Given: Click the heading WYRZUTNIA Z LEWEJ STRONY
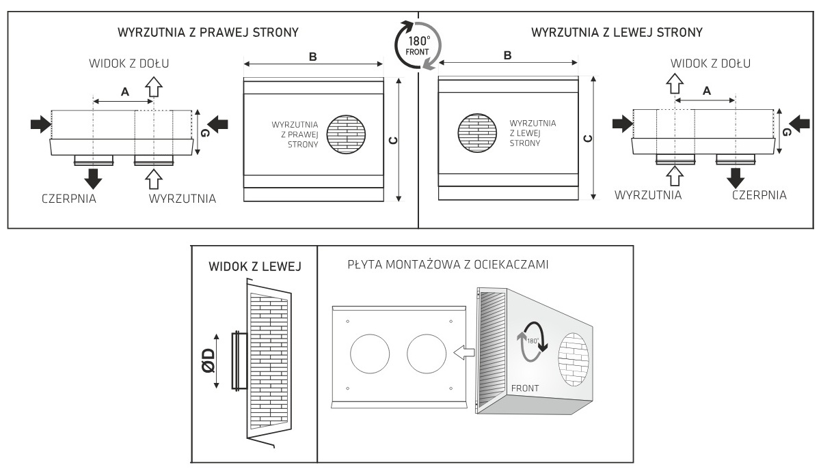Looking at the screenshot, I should [617, 32].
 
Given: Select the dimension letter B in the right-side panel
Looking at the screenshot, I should [507, 56].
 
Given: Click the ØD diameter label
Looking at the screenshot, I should [208, 360].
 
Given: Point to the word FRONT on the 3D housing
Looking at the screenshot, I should [525, 388].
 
